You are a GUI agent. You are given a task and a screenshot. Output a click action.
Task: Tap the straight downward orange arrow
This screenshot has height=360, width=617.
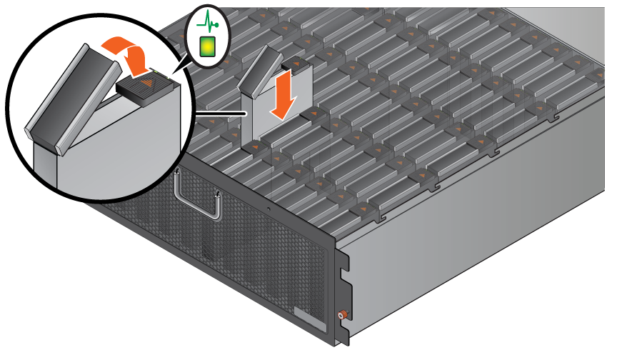284,93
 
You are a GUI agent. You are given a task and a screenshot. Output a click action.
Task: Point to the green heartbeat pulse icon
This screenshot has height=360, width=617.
206,22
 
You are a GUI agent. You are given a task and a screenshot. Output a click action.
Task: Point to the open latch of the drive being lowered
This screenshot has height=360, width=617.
256,72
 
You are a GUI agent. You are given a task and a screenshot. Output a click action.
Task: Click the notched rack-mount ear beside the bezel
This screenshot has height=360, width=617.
343,286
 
